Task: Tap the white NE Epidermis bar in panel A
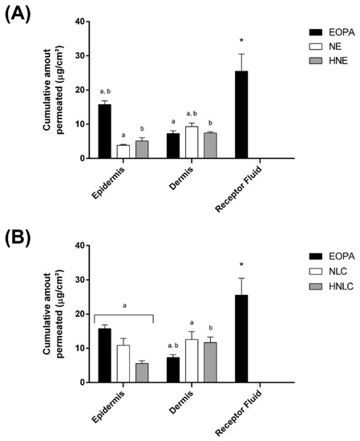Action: point(122,152)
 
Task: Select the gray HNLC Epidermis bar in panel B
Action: point(141,373)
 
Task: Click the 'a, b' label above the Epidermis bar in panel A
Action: point(103,94)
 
